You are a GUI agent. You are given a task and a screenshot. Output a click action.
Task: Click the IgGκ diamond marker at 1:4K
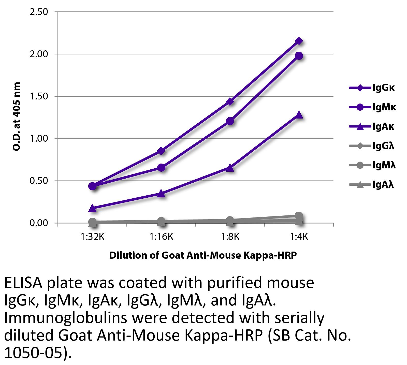[x=299, y=41]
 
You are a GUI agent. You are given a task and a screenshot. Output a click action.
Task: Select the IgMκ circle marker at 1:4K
[x=299, y=56]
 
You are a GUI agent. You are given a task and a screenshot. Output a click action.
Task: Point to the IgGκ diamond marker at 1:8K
[x=230, y=101]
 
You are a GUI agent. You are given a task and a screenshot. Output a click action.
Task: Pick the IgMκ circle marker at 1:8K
[x=230, y=121]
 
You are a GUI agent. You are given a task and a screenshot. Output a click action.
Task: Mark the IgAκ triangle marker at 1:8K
[x=230, y=168]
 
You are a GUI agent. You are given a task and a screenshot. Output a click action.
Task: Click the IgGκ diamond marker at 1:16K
[x=161, y=151]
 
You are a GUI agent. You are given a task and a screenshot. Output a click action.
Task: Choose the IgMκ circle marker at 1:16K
[x=161, y=168]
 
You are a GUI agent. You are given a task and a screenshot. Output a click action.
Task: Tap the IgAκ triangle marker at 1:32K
[x=93, y=208]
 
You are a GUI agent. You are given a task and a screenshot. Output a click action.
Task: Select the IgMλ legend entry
[x=373, y=166]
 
